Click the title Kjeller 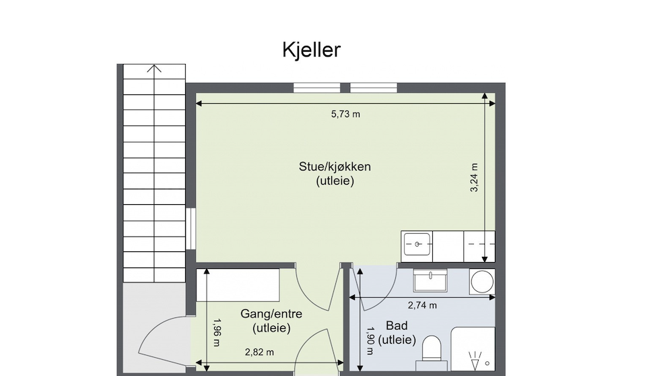click(x=312, y=50)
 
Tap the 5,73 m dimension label click(x=345, y=114)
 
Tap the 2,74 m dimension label click(x=422, y=305)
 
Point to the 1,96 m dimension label click(x=217, y=332)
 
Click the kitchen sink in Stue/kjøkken click(x=417, y=244)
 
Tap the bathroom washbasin click(x=430, y=279)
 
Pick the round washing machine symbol click(x=481, y=281)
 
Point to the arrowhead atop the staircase click(x=155, y=68)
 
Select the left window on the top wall click(x=316, y=88)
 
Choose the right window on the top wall click(x=374, y=88)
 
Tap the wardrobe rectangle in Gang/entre click(x=242, y=285)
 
